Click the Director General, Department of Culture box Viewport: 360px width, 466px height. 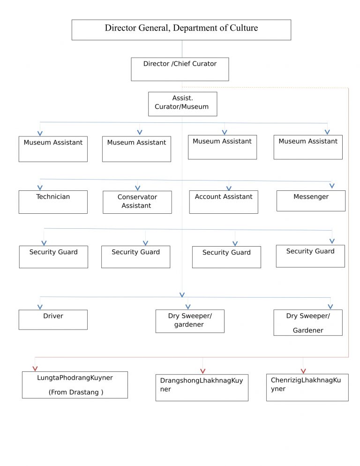[181, 30]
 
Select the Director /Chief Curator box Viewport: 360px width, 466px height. [180, 69]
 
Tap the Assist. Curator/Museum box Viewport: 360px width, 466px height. [182, 104]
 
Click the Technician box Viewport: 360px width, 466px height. [53, 202]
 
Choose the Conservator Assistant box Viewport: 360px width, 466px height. [137, 202]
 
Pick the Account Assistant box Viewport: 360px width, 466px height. [224, 202]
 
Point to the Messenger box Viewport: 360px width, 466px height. [311, 201]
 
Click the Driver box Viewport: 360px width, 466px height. [53, 319]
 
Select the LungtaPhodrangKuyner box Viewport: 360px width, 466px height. [75, 384]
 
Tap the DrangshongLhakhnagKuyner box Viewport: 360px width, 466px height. [202, 387]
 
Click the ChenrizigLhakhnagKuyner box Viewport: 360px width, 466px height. [307, 387]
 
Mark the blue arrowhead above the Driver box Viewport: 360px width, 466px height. [40, 307]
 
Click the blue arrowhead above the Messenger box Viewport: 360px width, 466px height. [332, 186]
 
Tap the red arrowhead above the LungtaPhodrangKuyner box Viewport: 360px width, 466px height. [35, 368]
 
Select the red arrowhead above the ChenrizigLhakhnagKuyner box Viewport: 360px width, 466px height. [303, 371]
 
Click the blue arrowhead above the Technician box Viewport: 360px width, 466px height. [40, 188]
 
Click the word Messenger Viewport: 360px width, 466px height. [311, 197]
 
